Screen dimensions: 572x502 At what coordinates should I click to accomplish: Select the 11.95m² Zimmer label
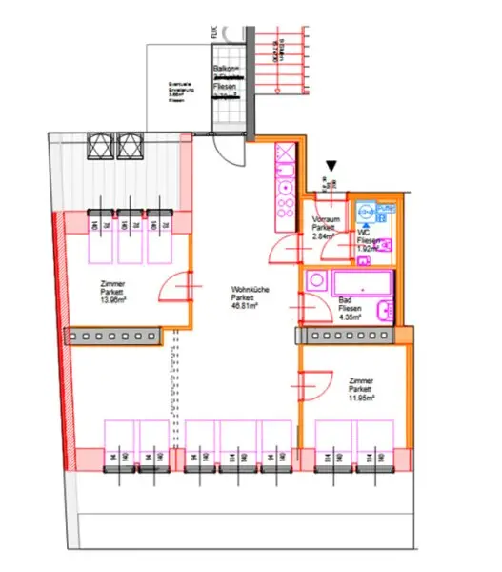click(x=360, y=389)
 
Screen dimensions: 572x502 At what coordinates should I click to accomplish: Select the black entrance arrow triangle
click(x=331, y=168)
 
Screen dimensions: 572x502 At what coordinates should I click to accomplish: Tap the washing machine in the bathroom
click(x=315, y=281)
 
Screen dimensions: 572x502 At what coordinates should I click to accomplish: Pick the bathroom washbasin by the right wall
click(x=384, y=311)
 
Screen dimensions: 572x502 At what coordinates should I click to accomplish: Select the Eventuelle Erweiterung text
click(x=179, y=91)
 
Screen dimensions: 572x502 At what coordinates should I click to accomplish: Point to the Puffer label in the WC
click(x=386, y=207)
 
